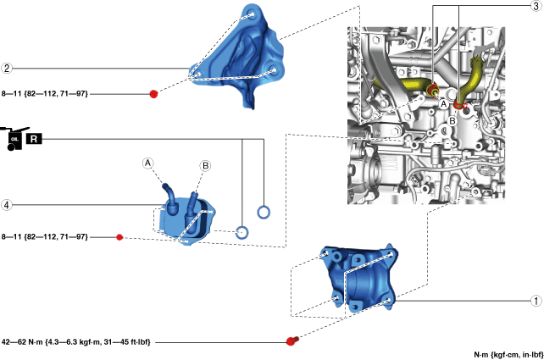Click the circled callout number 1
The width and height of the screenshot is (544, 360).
pos(535,300)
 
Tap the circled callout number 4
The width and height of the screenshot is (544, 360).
pos(7,204)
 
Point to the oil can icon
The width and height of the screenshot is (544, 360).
pos(13,139)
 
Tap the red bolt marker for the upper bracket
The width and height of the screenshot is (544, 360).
pos(153,93)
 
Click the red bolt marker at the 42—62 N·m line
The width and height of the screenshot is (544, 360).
pos(291,341)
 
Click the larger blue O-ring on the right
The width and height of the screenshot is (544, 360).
pos(264,211)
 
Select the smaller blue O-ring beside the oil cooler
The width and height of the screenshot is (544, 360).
pos(242,232)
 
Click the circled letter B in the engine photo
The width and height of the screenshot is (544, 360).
pos(453,120)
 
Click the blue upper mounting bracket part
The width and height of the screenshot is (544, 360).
pos(241,55)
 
